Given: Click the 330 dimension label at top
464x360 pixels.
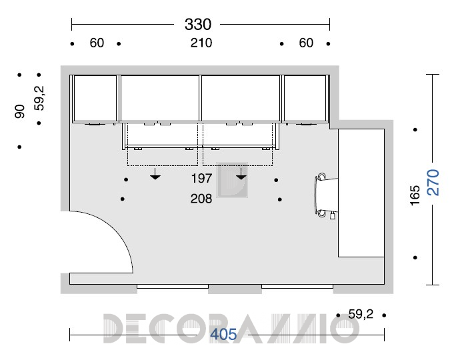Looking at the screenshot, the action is [198, 24].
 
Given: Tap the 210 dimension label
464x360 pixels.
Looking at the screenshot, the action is [201, 43].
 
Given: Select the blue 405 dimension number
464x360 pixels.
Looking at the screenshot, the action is [223, 335].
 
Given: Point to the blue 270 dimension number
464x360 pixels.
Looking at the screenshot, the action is [433, 182].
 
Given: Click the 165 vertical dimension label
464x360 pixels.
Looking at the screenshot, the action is [415, 195].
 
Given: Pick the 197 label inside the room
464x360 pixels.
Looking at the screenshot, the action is [201, 179].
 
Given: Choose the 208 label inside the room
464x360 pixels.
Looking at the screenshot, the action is [201, 199].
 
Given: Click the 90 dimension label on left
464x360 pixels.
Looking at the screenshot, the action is [20, 111].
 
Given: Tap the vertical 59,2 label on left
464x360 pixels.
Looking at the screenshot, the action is [39, 98].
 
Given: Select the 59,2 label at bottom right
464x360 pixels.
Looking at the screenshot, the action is [361, 314].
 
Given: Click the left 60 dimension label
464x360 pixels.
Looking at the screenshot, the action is [97, 43].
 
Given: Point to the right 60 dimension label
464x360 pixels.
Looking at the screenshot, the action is [306, 43].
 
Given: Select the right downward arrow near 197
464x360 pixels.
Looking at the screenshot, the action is [241, 174].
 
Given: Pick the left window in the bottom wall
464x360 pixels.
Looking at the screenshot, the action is [173, 287].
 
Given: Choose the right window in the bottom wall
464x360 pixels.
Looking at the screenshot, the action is [297, 287].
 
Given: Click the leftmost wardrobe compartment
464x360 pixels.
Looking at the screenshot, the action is [95, 98].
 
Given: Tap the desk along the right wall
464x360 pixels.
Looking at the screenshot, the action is [361, 193].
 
